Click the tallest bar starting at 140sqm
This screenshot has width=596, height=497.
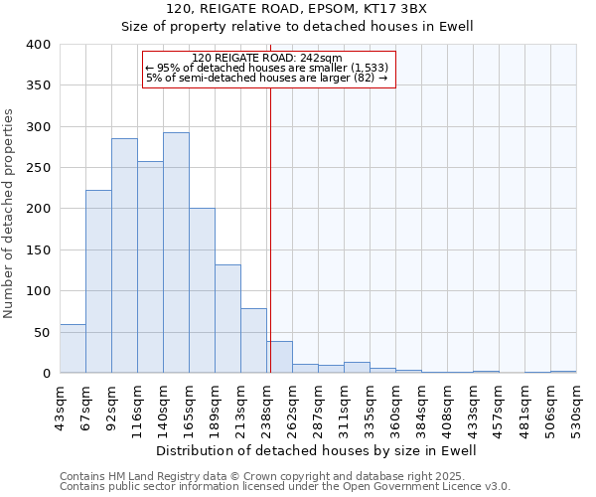pos(176,252)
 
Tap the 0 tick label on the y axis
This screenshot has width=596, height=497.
pos(46,374)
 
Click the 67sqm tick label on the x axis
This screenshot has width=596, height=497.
pos(86,402)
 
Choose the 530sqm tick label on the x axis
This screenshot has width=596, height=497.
pos(577,404)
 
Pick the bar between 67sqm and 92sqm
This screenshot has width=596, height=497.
pos(98,281)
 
